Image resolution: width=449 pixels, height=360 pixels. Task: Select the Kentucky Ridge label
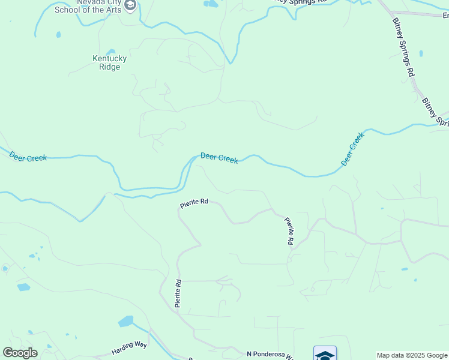(109, 62)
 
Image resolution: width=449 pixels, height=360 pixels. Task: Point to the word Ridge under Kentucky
(109, 67)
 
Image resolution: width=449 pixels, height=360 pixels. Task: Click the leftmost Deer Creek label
(28, 157)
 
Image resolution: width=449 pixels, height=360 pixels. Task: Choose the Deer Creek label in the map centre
(219, 157)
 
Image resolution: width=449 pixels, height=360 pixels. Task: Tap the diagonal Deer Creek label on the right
(352, 149)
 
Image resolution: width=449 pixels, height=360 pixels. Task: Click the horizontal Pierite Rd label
(194, 203)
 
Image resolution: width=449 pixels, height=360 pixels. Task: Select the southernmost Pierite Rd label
(178, 293)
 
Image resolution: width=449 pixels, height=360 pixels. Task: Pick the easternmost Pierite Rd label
(289, 231)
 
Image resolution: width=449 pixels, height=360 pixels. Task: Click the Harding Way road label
(129, 348)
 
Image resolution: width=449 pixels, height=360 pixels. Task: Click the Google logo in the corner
(20, 353)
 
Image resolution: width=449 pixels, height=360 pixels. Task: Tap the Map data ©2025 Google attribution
(412, 355)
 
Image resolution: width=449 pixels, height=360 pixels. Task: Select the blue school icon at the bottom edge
(325, 354)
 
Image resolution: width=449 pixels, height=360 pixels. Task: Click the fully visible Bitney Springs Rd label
(404, 46)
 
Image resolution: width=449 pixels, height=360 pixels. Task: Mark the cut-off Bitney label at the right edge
(435, 113)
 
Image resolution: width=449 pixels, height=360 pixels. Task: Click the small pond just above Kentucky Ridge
(110, 51)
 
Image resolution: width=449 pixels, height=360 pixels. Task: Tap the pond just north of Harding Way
(126, 321)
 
